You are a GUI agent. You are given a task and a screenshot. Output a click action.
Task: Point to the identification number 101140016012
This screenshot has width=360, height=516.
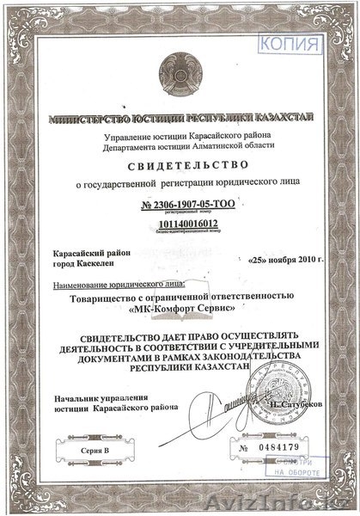click(x=181, y=223)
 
